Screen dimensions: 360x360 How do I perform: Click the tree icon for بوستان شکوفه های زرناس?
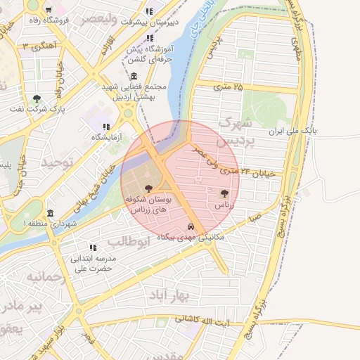tap(148, 188)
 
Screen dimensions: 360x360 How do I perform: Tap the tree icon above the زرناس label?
tap(224, 192)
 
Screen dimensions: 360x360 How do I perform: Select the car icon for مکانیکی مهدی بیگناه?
tap(192, 226)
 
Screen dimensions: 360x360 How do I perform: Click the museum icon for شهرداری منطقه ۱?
tap(49, 213)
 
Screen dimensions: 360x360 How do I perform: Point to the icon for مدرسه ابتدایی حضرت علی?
tap(92, 247)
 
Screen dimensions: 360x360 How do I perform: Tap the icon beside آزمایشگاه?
tap(105, 126)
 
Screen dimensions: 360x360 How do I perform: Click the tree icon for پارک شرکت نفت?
tap(36, 98)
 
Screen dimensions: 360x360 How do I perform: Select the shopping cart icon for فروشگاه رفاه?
tap(48, 10)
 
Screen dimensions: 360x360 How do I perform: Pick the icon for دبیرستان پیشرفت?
tap(149, 11)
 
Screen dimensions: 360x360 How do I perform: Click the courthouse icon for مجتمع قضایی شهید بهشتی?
tap(134, 76)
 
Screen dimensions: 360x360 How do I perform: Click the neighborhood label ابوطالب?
tap(129, 242)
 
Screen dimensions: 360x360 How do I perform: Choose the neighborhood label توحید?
tap(57, 162)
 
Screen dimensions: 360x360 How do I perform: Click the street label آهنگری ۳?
tap(39, 46)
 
